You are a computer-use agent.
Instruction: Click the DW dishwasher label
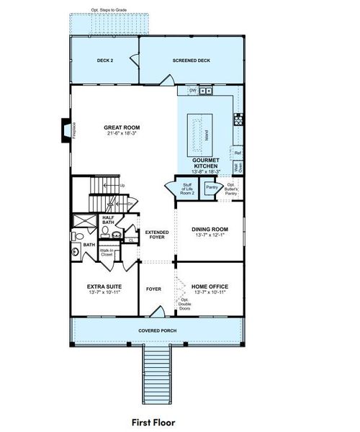click(192, 91)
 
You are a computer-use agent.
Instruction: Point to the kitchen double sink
click(206, 91)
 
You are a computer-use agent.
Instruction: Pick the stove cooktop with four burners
click(239, 119)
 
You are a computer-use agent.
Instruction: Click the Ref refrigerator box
click(238, 153)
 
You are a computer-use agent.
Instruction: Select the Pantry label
click(212, 188)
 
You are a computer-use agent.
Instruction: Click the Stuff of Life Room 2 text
click(187, 189)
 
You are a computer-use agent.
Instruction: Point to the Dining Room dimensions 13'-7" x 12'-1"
click(210, 235)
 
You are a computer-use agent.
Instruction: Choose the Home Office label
click(210, 286)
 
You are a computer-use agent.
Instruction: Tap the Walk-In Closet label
click(107, 253)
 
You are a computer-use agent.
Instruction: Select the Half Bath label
click(108, 220)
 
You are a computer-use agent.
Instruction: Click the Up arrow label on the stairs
click(122, 186)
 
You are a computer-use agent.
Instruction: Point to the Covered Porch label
click(157, 330)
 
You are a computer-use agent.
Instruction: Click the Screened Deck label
click(190, 61)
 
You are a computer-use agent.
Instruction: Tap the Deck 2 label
click(105, 61)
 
